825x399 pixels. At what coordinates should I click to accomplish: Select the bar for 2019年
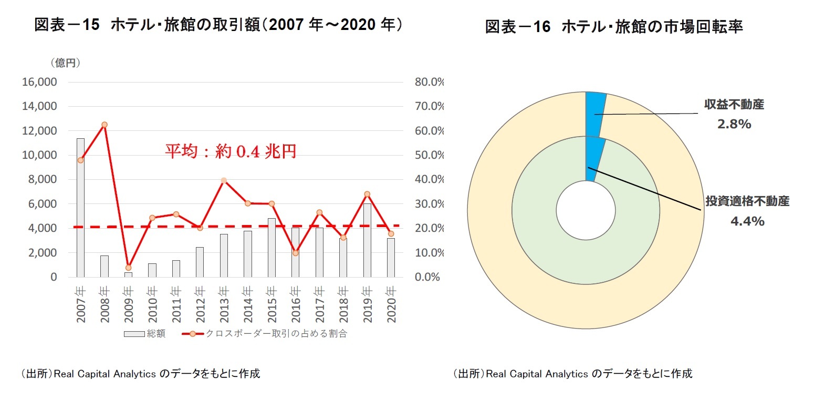pos(367,240)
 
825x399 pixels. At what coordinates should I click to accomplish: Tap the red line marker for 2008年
pos(105,125)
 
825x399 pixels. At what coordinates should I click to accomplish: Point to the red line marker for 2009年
pos(129,268)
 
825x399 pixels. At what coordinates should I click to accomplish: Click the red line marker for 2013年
pos(224,180)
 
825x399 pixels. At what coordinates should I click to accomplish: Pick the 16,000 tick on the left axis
pos(39,82)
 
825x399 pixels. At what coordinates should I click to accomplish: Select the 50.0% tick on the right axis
pos(429,155)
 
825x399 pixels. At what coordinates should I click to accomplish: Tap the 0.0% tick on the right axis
pos(427,277)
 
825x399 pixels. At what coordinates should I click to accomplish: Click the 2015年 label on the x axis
pos(271,304)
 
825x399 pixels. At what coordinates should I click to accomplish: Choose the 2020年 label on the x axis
pos(391,304)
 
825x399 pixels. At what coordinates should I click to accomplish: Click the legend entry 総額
pos(145,334)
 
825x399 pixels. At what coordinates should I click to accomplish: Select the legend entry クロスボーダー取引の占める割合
pos(265,334)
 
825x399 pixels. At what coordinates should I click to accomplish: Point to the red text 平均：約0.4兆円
pos(231,151)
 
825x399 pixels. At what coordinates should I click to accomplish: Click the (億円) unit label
pos(65,63)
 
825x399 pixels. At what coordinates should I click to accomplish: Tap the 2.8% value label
pos(734,124)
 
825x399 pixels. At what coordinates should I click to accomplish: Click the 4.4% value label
pos(747,221)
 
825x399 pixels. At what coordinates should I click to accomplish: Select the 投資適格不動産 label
pos(747,201)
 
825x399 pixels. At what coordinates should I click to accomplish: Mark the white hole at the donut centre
pos(586,210)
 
